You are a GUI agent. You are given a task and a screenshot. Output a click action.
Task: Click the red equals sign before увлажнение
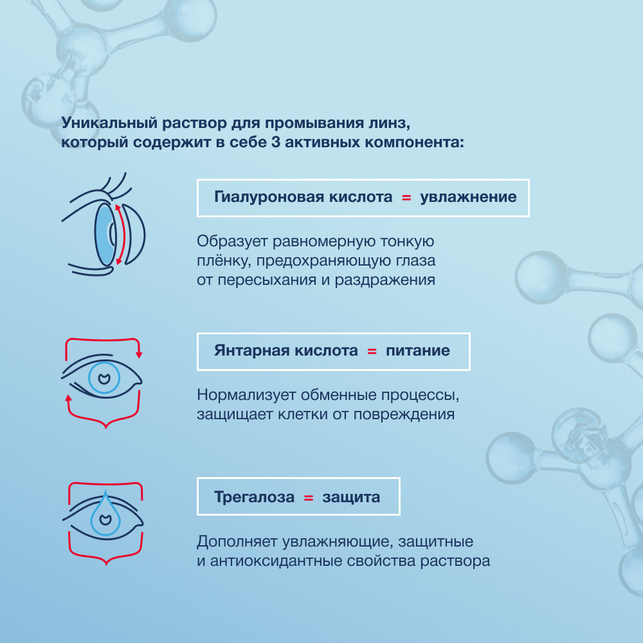click(x=406, y=197)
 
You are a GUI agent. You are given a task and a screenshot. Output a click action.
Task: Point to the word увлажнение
click(x=468, y=197)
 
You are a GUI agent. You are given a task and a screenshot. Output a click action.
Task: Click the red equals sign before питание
click(x=372, y=351)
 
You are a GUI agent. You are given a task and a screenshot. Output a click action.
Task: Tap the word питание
click(x=418, y=351)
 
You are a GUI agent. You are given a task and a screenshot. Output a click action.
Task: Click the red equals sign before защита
click(x=308, y=497)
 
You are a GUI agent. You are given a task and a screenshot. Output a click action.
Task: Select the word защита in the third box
click(x=351, y=497)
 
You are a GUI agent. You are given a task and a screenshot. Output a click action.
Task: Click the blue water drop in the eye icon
click(x=102, y=515)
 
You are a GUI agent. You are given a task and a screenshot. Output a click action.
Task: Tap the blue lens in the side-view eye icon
click(x=104, y=234)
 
